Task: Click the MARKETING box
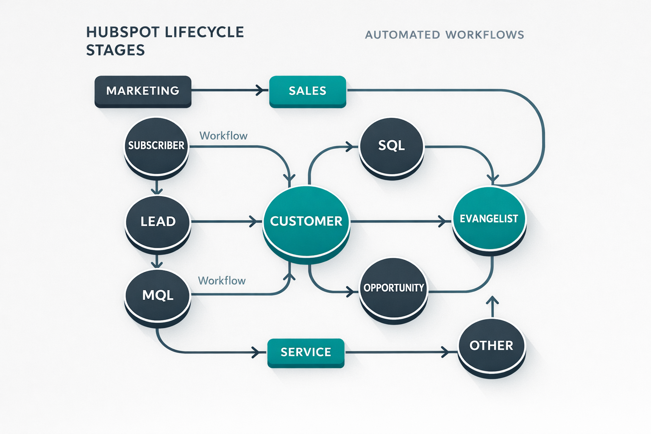(143, 91)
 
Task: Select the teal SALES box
(308, 91)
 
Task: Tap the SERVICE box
(306, 352)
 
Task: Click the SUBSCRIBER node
(156, 146)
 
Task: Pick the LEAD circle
(158, 222)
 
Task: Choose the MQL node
(158, 295)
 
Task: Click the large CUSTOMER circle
(306, 221)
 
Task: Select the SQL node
(391, 146)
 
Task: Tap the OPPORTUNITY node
(393, 288)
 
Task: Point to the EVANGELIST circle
(489, 219)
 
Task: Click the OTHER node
(491, 346)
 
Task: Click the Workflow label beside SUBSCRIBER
(223, 136)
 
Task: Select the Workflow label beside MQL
(222, 281)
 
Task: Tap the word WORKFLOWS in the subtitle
(485, 35)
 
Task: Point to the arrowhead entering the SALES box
(261, 90)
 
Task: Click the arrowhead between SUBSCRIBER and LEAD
(157, 190)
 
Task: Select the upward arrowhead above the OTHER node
(492, 300)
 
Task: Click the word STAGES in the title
(115, 50)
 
